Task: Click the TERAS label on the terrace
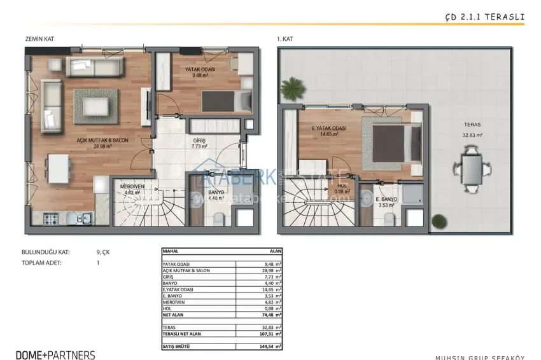click(x=472, y=125)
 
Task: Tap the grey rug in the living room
click(x=95, y=106)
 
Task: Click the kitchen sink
click(x=83, y=219)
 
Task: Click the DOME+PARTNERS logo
click(x=55, y=355)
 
